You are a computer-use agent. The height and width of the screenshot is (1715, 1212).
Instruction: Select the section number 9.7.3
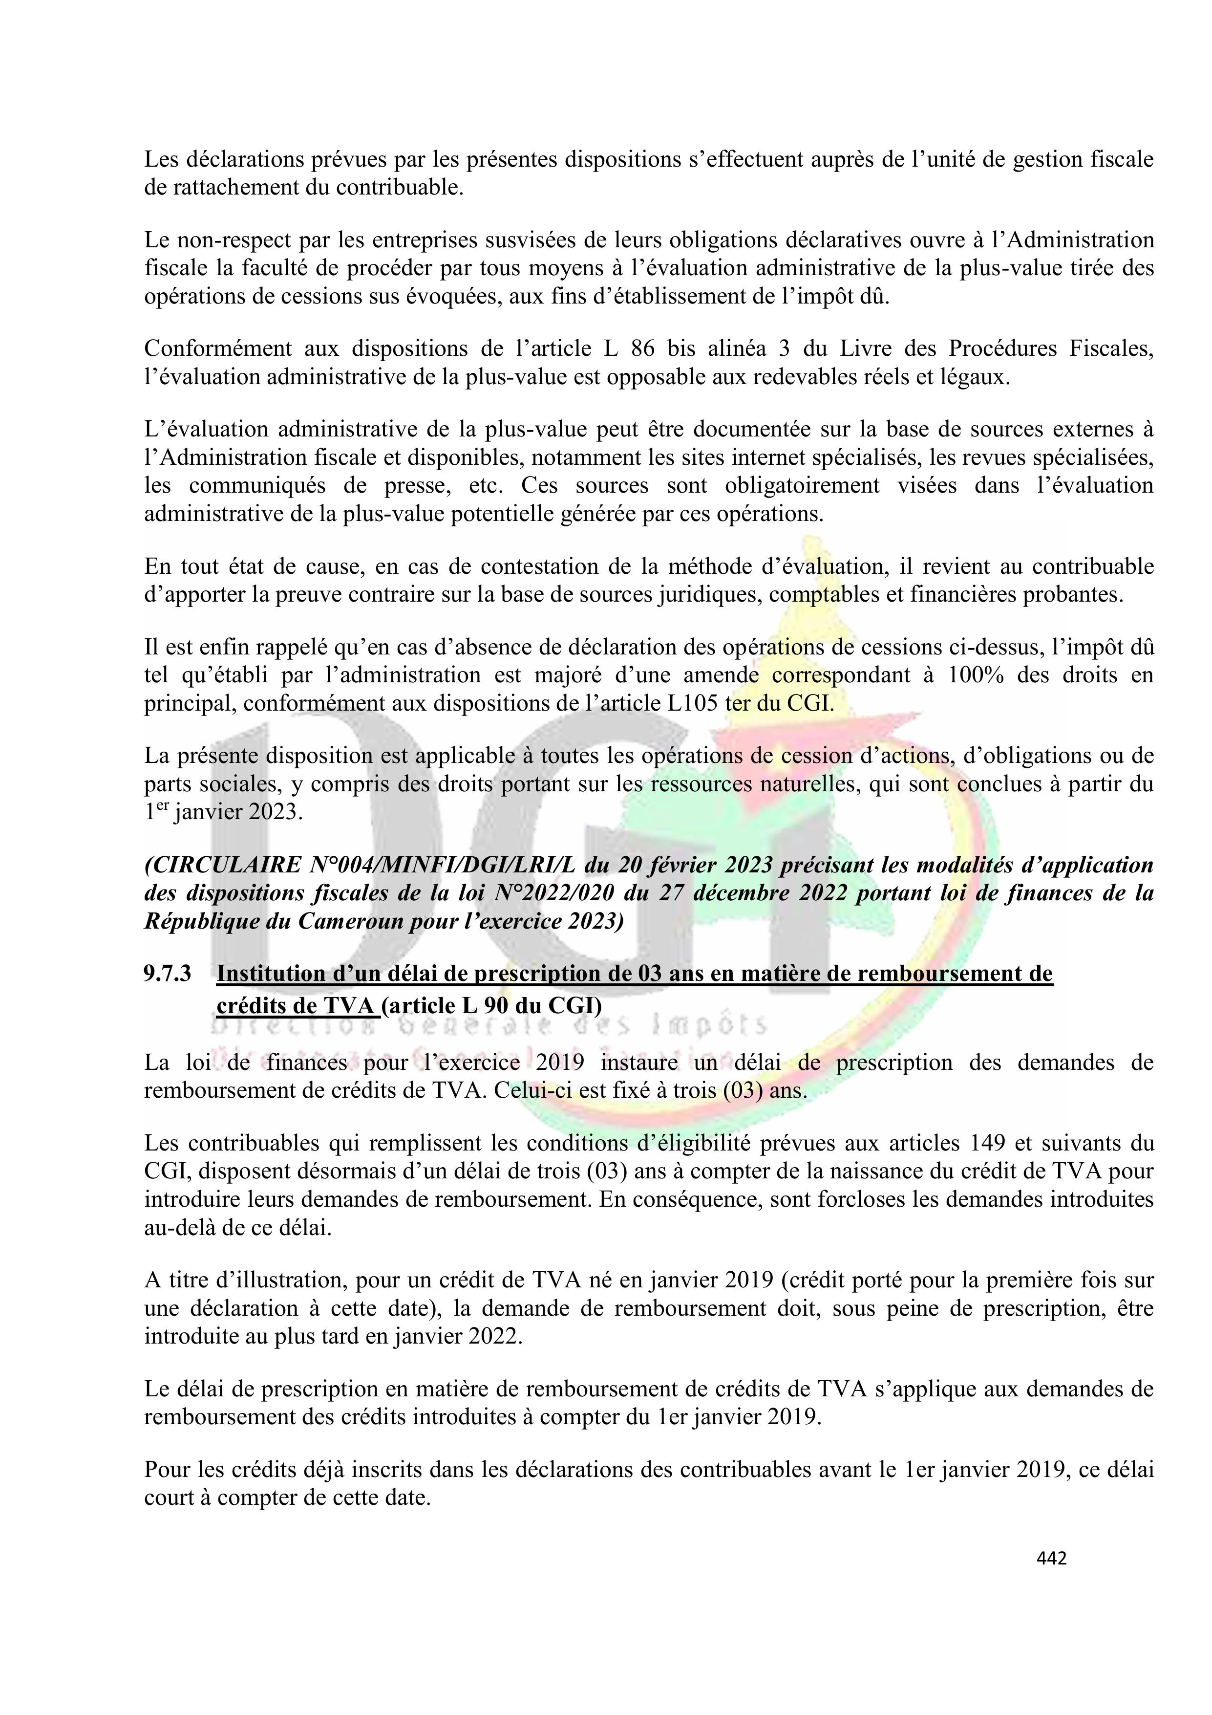coord(168,973)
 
